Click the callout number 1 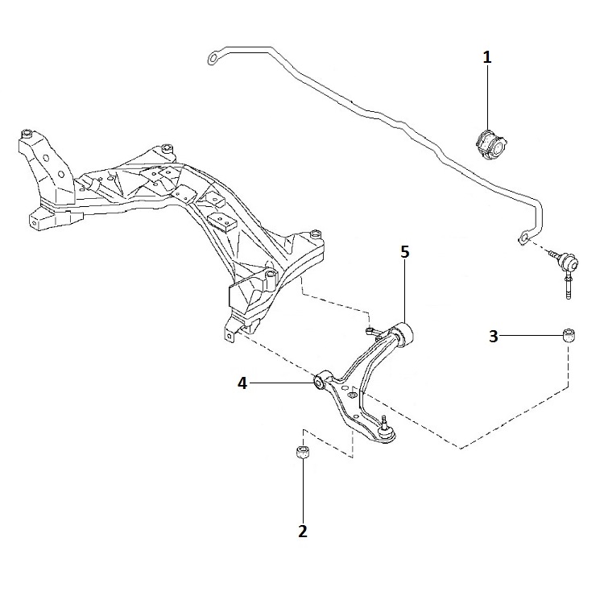point(487,58)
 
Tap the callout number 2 point(303,532)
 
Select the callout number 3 point(494,337)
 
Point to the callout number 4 point(242,383)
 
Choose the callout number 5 point(404,252)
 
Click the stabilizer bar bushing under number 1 point(490,145)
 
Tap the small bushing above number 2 point(303,452)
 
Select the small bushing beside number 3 point(569,335)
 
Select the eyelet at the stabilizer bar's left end point(213,58)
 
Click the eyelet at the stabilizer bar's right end point(523,238)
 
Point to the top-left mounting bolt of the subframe point(27,134)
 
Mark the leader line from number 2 point(303,491)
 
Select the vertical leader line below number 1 point(488,98)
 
